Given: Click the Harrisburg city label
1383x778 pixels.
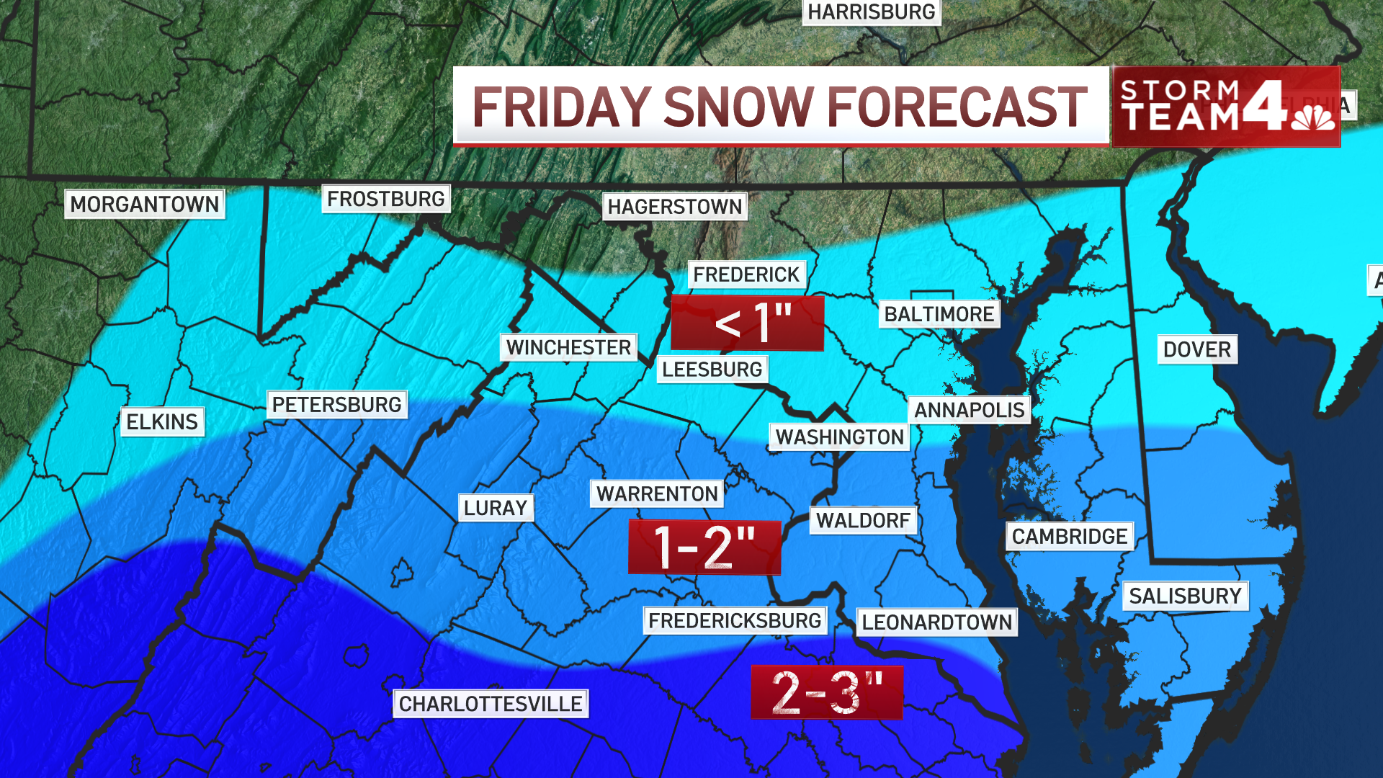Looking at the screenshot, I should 871,12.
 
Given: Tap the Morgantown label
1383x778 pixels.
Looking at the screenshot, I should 144,204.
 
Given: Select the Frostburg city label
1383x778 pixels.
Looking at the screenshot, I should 385,199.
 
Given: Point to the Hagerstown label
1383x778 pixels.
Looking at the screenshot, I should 674,207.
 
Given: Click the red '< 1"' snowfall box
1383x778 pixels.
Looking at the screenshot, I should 747,323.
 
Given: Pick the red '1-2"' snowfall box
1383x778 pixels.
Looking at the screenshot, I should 704,547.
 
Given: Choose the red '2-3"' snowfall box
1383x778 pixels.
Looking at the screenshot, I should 826,692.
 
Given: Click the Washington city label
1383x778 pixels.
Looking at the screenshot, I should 839,437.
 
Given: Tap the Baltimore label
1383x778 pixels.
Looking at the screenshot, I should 939,314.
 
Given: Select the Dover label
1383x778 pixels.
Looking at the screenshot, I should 1196,349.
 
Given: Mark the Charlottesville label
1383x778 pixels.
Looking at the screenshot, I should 490,704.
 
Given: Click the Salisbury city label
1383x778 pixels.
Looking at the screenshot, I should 1185,596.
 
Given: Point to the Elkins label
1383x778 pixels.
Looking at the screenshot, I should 162,421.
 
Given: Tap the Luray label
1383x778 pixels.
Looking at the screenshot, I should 496,508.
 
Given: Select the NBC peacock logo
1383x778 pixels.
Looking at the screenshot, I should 1312,117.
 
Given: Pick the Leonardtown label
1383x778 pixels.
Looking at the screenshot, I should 936,622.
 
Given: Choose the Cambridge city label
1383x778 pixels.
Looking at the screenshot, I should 1069,537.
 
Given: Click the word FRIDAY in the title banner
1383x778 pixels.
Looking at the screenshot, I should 562,107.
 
